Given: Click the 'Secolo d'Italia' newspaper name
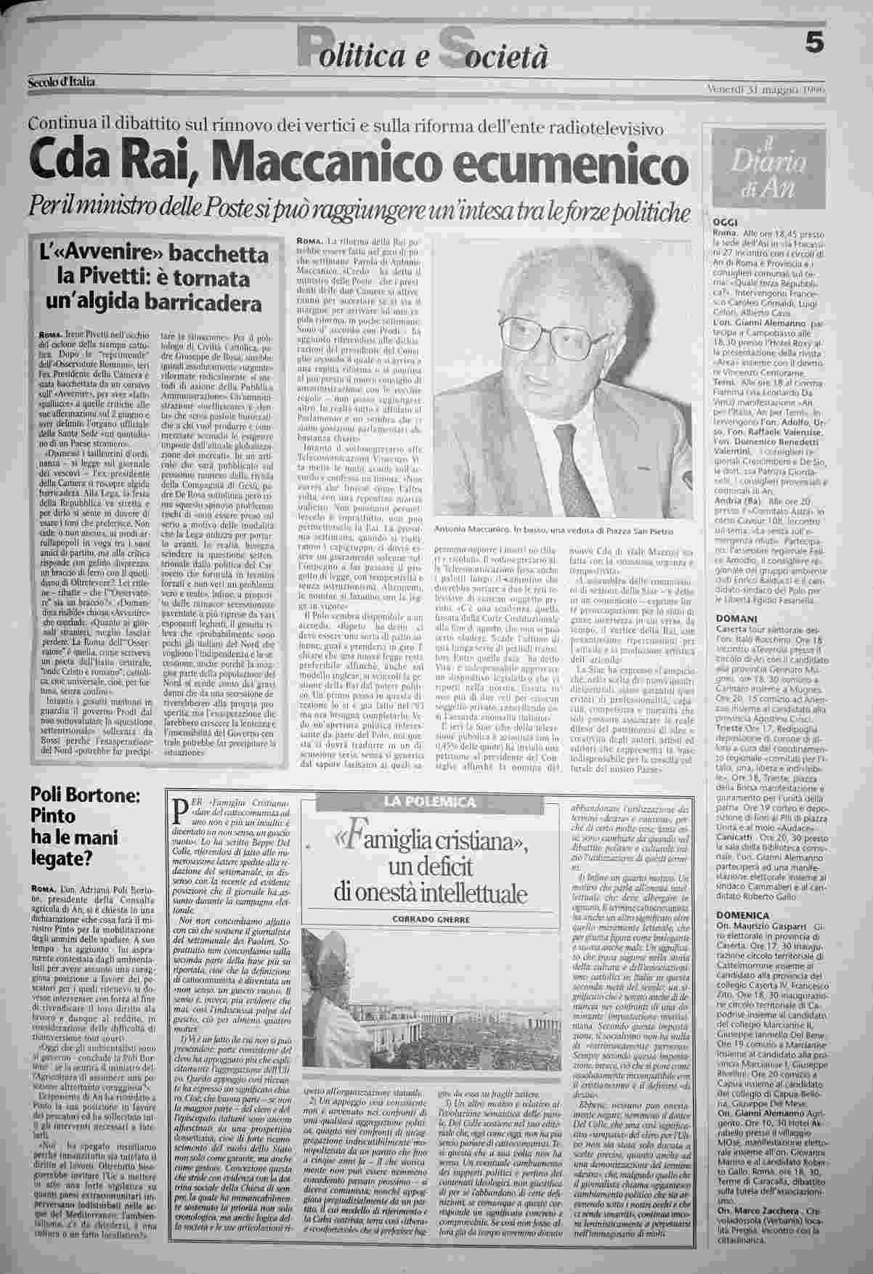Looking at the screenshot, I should point(62,82).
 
